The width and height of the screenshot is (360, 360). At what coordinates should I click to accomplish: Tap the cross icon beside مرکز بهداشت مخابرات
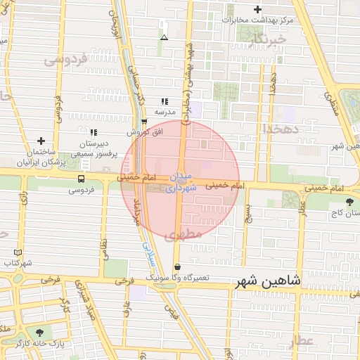point(257,10)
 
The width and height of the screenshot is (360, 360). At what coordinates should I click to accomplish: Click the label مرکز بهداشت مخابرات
point(257,20)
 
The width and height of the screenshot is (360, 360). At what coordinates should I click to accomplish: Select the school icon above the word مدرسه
point(165,101)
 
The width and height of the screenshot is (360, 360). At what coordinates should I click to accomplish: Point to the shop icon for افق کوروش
point(144,121)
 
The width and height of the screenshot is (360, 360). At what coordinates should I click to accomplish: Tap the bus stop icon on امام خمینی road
point(82,179)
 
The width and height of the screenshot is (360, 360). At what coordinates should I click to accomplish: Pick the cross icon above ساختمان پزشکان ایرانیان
point(41,141)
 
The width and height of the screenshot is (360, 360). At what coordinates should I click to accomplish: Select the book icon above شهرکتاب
point(18,252)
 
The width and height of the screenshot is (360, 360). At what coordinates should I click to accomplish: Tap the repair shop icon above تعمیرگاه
point(177,267)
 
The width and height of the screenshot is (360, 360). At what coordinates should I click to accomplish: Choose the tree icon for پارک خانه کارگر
point(39,333)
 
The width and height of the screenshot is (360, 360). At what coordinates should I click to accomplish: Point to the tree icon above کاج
point(349,202)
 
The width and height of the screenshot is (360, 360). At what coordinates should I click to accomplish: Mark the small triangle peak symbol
point(164,37)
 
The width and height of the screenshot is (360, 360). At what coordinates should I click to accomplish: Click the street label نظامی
point(105,250)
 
